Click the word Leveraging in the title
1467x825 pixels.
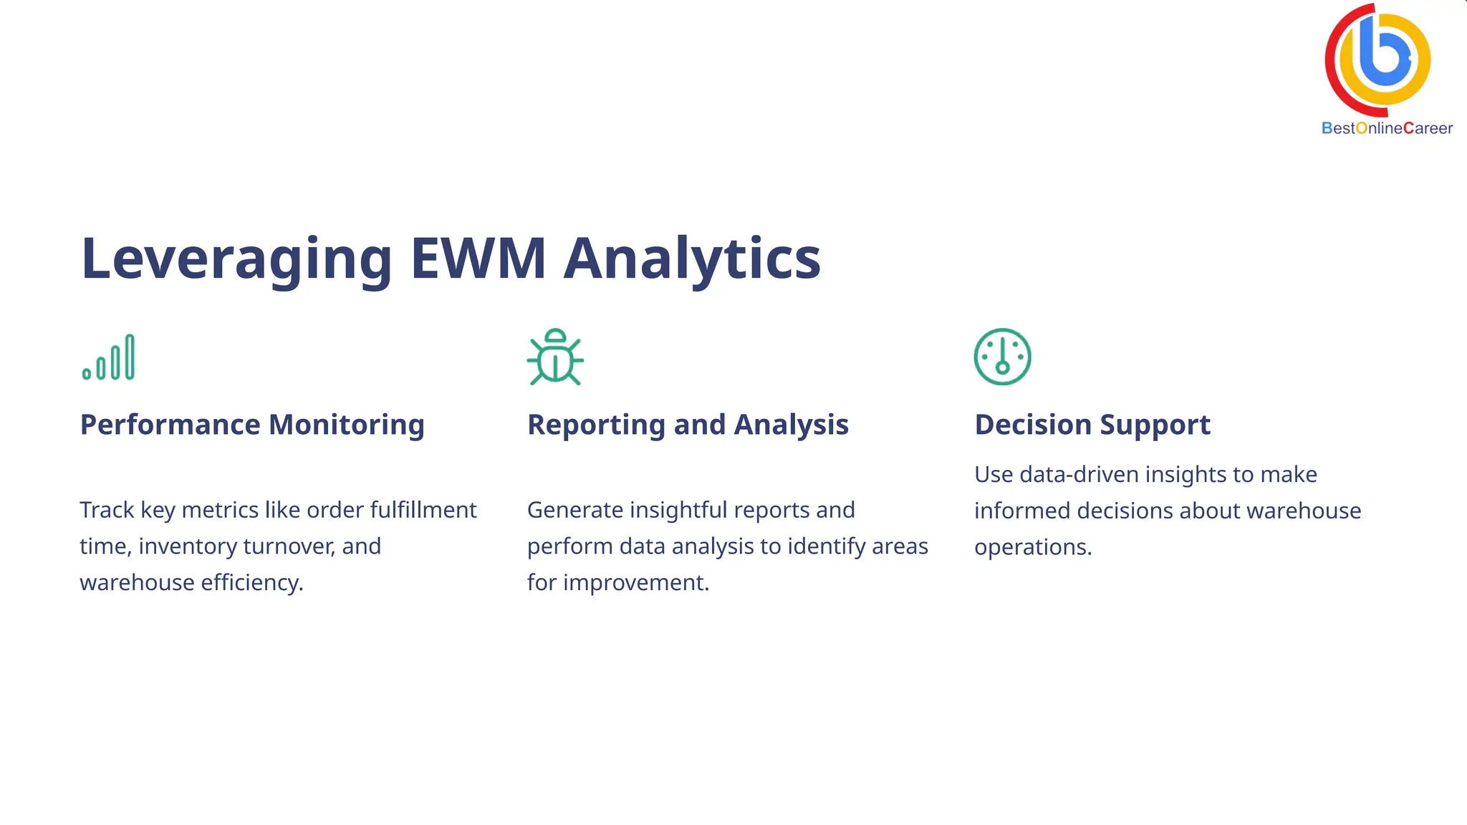(x=236, y=259)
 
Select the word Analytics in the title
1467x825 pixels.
(x=692, y=259)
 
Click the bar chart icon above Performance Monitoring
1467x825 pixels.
(x=108, y=357)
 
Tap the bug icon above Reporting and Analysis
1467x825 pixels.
(x=555, y=357)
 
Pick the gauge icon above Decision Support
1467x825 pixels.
(x=1002, y=357)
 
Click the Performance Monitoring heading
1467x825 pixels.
(x=252, y=425)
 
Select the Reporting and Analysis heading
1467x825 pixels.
(x=688, y=425)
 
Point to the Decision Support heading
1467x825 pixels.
(x=1092, y=425)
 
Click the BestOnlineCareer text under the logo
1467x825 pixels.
(x=1387, y=128)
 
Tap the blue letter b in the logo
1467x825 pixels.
(x=1384, y=54)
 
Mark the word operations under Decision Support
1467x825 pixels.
(x=1032, y=547)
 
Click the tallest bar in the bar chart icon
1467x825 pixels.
(x=130, y=357)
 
